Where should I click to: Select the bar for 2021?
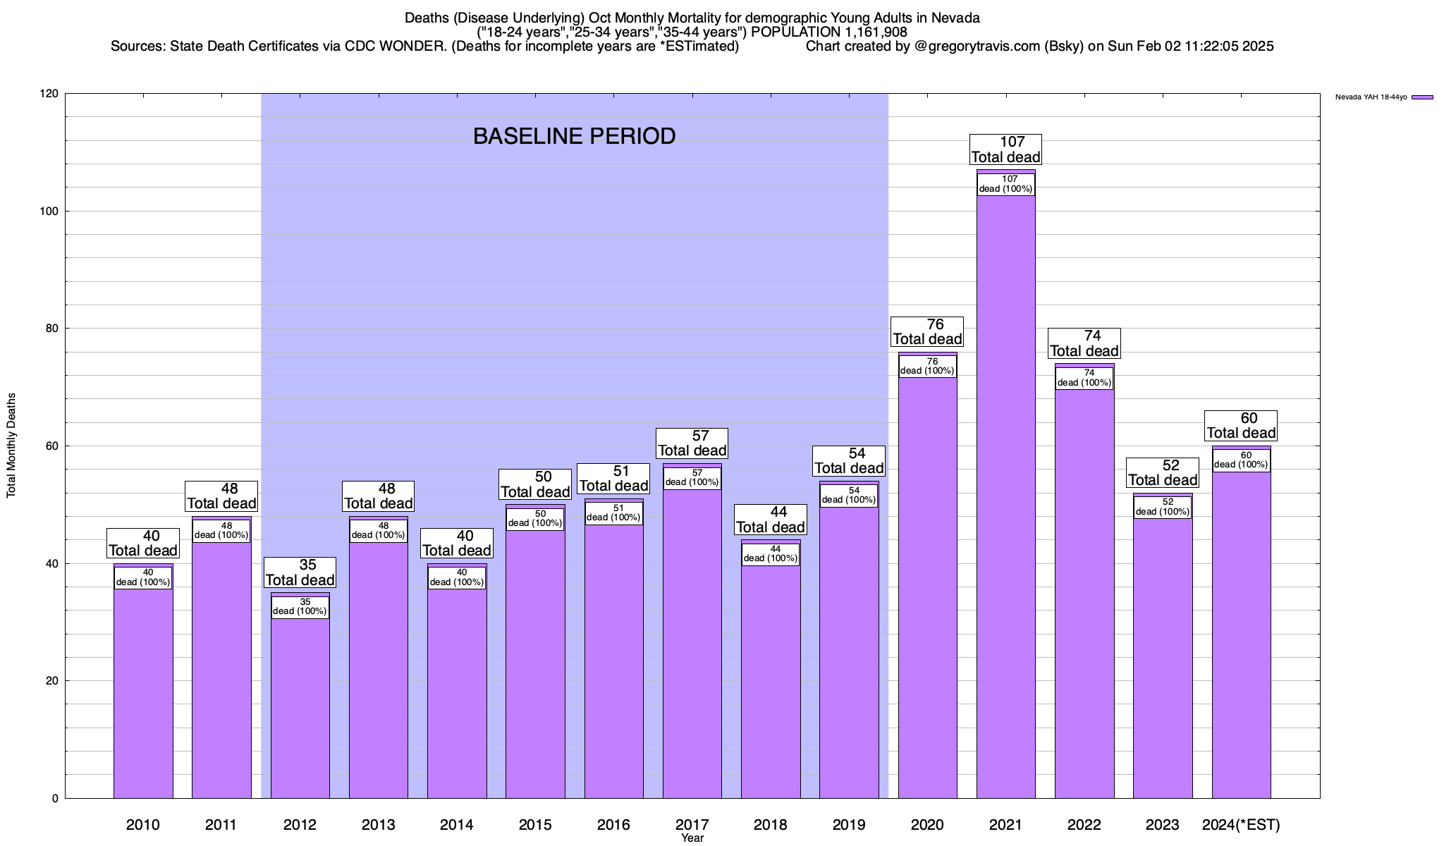tap(1005, 493)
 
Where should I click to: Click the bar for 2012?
tap(300, 705)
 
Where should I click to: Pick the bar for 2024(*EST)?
tap(1241, 634)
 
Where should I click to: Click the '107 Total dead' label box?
tap(1005, 149)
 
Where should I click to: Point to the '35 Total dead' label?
tap(300, 572)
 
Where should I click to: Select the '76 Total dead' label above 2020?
tap(927, 331)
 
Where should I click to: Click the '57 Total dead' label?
tap(692, 443)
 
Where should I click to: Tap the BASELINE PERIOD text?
tap(574, 136)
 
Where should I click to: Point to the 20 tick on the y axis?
tap(53, 681)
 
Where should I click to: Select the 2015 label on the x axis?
tap(535, 824)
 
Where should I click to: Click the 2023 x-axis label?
tap(1162, 824)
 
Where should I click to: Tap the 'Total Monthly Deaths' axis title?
tap(11, 445)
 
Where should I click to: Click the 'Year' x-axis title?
tap(692, 838)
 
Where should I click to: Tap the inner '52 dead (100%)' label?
tap(1163, 507)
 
